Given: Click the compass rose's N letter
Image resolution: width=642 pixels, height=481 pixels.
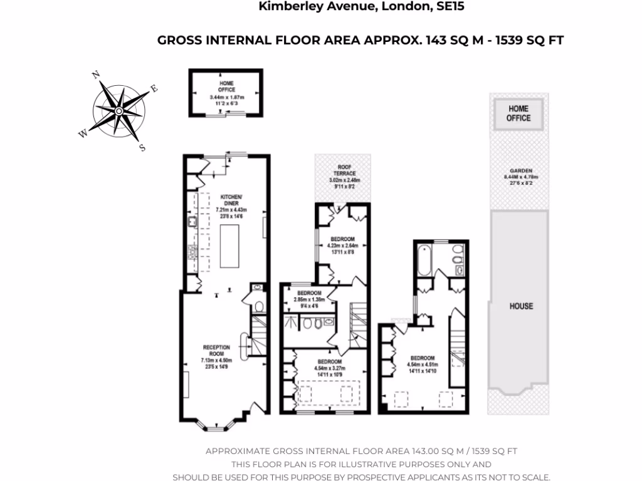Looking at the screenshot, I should (x=96, y=75).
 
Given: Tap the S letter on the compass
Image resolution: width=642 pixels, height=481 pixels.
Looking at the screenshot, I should (x=142, y=148).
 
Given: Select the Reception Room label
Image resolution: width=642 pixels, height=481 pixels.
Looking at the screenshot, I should (x=216, y=351).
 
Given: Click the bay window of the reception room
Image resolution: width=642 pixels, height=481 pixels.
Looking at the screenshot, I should (x=216, y=428).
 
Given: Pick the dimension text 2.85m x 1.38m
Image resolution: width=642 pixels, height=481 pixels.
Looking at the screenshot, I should (x=309, y=300).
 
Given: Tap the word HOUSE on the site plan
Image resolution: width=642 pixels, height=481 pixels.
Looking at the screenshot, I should (x=521, y=306).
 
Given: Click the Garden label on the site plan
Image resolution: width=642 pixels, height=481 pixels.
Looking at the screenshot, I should (x=521, y=170).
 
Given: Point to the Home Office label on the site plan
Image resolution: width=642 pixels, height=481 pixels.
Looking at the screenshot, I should (x=518, y=113).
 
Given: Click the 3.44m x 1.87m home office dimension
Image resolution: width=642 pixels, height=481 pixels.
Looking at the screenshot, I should (x=226, y=98).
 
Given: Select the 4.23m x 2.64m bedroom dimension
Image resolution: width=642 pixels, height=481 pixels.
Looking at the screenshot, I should (x=343, y=246).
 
